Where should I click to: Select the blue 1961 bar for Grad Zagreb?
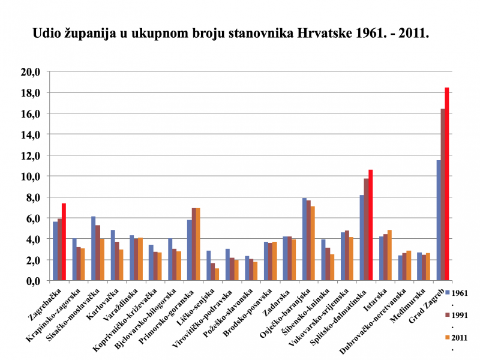pyautogui.click(x=439, y=220)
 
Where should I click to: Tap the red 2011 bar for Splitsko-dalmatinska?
pyautogui.click(x=370, y=225)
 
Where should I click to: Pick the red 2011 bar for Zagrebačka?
pyautogui.click(x=64, y=242)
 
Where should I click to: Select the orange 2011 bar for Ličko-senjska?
pyautogui.click(x=217, y=274)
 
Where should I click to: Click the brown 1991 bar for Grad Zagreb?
pyautogui.click(x=443, y=194)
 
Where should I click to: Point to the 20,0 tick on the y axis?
pyautogui.click(x=30, y=72)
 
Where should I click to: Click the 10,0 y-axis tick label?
pyautogui.click(x=30, y=176)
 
